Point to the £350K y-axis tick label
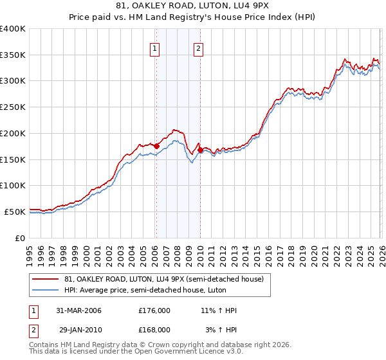click(x=13, y=55)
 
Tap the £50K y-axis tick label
click(x=15, y=212)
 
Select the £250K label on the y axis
click(x=13, y=107)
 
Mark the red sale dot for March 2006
click(x=156, y=146)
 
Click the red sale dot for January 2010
click(x=200, y=150)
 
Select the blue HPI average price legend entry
click(x=154, y=291)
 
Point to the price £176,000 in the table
click(x=154, y=310)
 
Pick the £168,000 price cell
click(x=154, y=329)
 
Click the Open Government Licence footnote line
click(x=136, y=352)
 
